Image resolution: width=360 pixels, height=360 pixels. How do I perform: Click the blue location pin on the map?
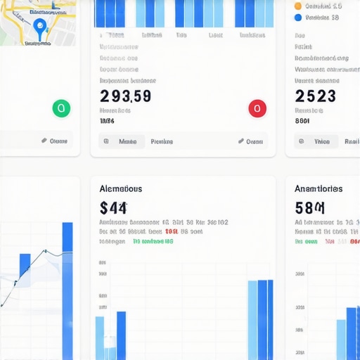[x=39, y=27]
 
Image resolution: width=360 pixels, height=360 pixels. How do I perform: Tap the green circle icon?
[x=61, y=108]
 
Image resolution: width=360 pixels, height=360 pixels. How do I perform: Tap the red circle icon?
[x=257, y=108]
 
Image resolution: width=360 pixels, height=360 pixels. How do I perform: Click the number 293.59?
[x=125, y=96]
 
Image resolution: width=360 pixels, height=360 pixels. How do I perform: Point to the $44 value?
[x=113, y=207]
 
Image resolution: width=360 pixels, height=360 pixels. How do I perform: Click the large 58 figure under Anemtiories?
[x=309, y=207]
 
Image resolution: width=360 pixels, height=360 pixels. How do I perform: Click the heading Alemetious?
[x=121, y=188]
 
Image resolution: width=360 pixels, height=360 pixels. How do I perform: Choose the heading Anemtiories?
[x=319, y=188]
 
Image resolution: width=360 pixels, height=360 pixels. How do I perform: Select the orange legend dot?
[x=298, y=6]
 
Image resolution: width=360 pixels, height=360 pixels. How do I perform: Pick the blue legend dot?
[x=298, y=18]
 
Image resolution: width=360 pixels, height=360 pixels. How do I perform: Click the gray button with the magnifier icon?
[x=121, y=141]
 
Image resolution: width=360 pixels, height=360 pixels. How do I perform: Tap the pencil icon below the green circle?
[x=44, y=141]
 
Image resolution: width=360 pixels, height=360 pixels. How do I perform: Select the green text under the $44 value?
[x=153, y=241]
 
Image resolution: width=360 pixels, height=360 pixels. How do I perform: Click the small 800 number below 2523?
[x=302, y=121]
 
